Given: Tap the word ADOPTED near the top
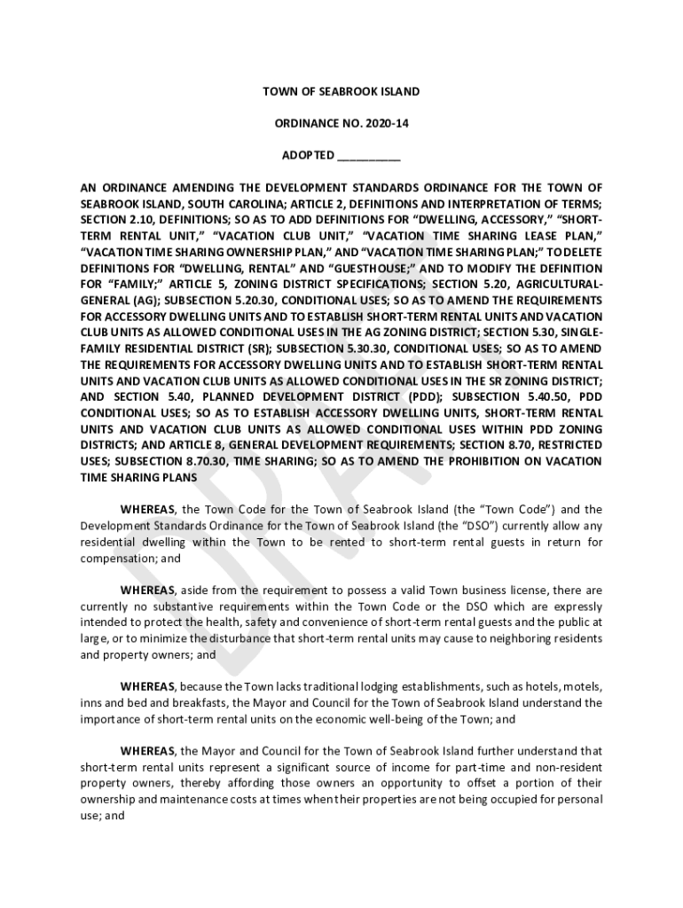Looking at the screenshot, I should pos(308,155).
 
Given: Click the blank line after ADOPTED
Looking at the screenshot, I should pos(369,157).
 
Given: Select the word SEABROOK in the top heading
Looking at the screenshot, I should pos(344,91).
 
